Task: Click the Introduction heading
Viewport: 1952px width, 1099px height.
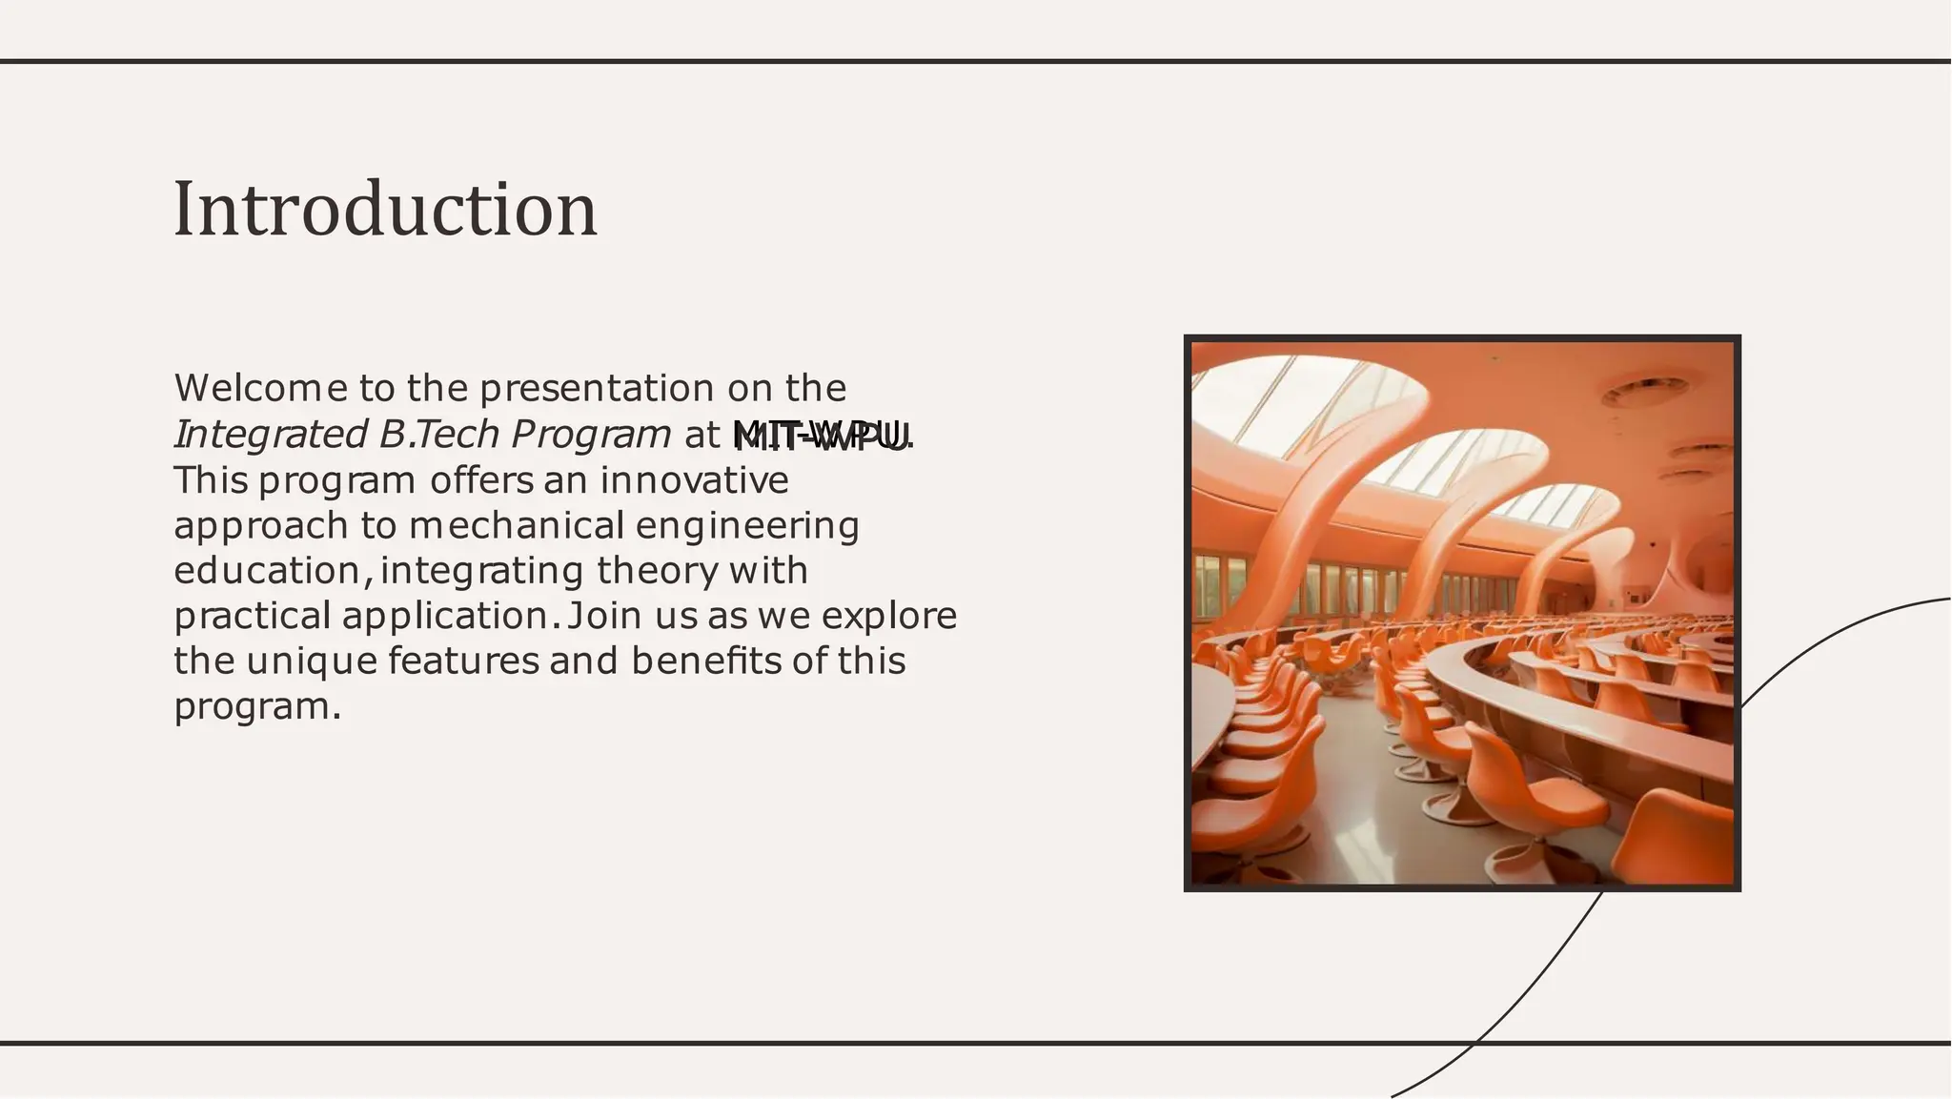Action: coord(385,210)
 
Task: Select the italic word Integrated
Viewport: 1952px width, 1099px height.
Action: coord(270,435)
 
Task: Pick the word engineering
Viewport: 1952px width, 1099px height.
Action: coord(747,526)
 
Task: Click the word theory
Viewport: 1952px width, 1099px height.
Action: coord(657,571)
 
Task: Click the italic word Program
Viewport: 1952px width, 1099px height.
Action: coord(591,435)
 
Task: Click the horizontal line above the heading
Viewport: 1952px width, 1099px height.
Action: coord(976,62)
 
